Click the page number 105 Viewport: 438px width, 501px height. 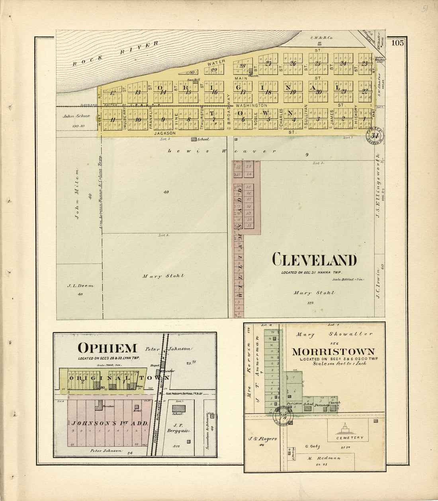pos(397,43)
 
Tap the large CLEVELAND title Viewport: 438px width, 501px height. pos(314,260)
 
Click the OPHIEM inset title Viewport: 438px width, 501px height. pos(107,348)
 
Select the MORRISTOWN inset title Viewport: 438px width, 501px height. pos(333,352)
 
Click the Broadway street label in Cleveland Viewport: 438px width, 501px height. pos(229,109)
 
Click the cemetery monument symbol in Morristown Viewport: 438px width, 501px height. pos(345,429)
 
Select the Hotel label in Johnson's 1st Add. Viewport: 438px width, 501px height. pos(138,410)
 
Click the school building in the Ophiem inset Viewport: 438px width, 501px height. pos(179,408)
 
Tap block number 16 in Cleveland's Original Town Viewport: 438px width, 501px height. pos(214,92)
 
